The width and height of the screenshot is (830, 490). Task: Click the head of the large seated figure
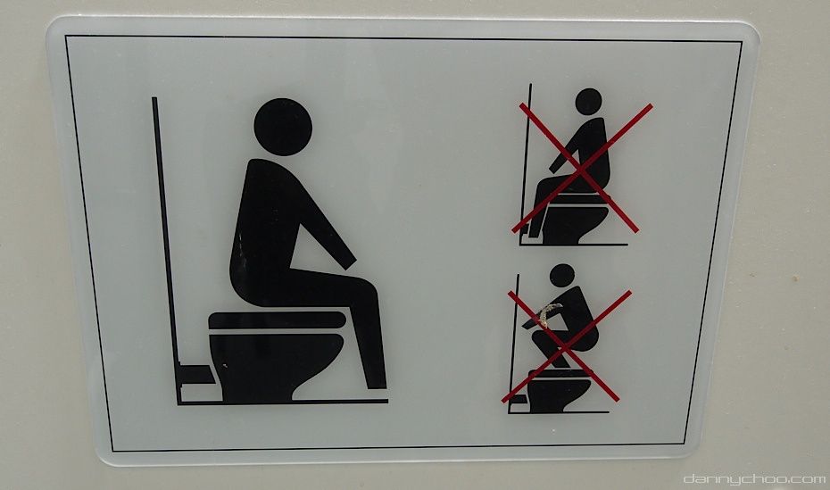pyautogui.click(x=283, y=127)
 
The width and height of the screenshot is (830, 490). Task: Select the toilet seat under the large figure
pyautogui.click(x=278, y=320)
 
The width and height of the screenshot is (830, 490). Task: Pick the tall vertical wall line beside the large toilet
pyautogui.click(x=166, y=249)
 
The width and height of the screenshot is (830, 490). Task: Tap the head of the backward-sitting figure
pyautogui.click(x=588, y=102)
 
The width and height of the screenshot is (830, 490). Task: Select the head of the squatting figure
pyautogui.click(x=561, y=275)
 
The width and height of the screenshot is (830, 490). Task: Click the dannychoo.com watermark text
pyautogui.click(x=755, y=479)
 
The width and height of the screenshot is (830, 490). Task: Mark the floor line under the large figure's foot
pyautogui.click(x=283, y=403)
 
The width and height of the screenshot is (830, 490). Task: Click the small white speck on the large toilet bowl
pyautogui.click(x=226, y=365)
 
